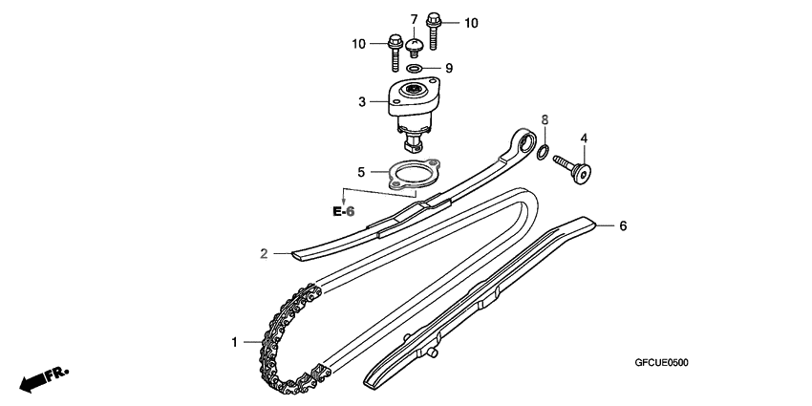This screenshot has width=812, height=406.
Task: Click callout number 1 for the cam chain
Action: (x=232, y=341)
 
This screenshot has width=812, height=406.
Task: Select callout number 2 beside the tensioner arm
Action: (x=262, y=253)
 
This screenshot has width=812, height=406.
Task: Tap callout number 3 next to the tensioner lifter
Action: (x=362, y=100)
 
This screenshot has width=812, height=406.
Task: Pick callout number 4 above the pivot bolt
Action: (x=583, y=139)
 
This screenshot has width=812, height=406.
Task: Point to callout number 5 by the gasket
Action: (x=361, y=173)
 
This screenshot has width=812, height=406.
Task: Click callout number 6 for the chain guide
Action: (x=622, y=226)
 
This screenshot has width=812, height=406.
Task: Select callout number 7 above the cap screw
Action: (x=415, y=19)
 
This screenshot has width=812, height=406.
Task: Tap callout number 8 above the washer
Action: (x=545, y=120)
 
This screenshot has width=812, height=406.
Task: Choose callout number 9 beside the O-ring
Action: (x=448, y=68)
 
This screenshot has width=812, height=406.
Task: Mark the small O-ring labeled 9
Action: (x=415, y=69)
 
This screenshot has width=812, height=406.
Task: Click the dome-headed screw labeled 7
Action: (x=415, y=46)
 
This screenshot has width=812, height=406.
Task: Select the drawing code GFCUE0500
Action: (x=661, y=363)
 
